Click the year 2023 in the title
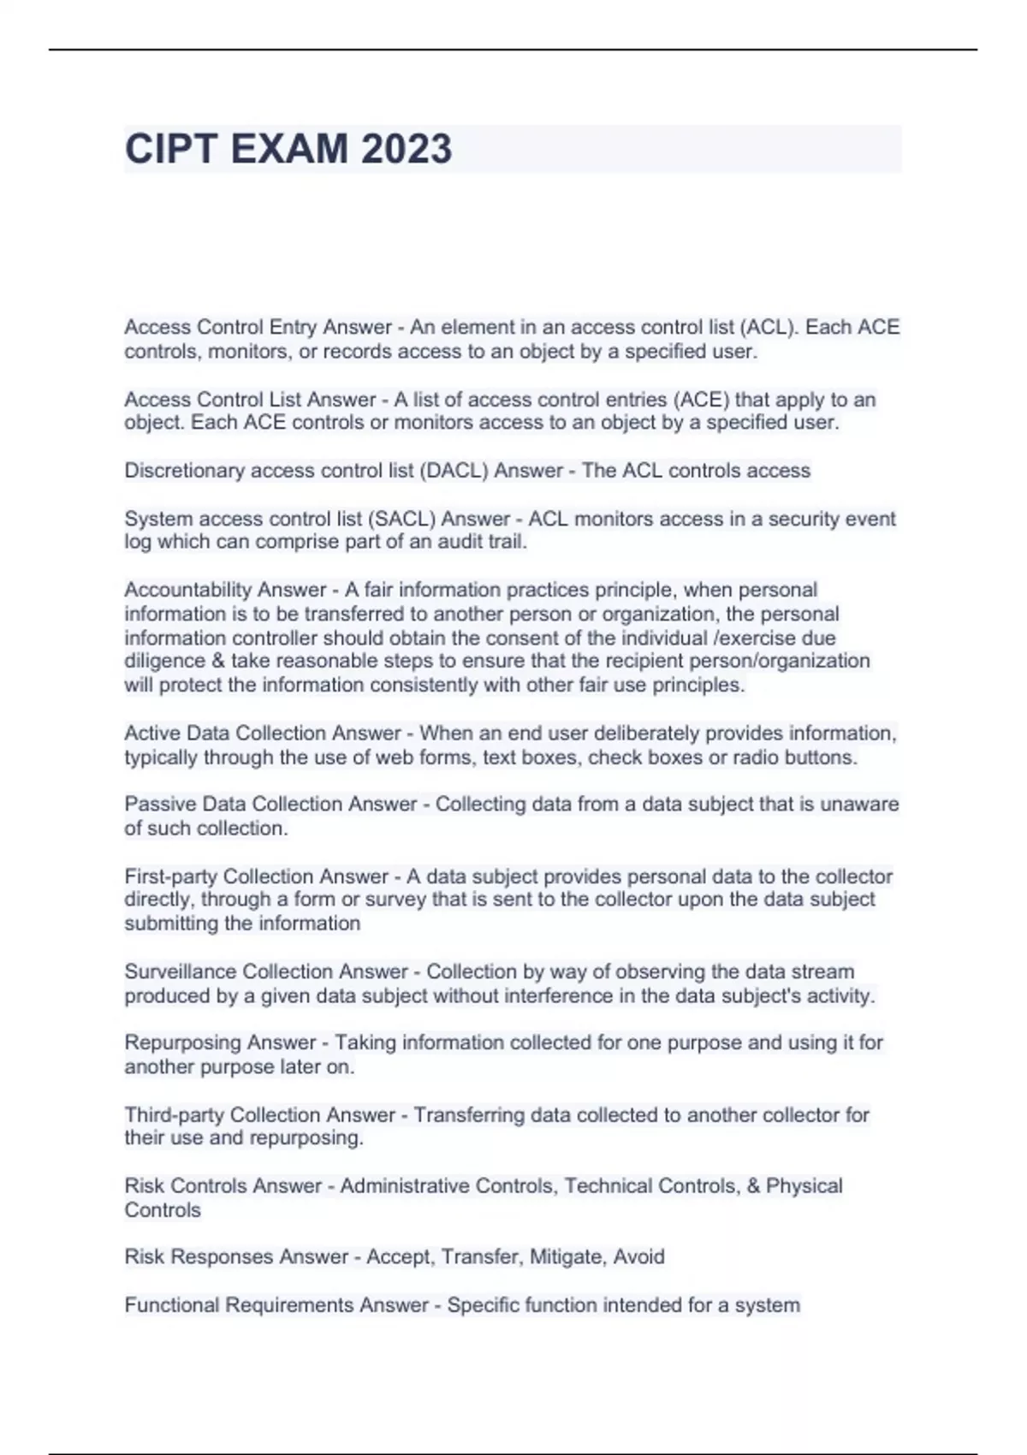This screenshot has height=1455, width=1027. coord(406,149)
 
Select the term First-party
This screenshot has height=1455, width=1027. coord(170,876)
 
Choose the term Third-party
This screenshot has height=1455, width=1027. coord(174,1114)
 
